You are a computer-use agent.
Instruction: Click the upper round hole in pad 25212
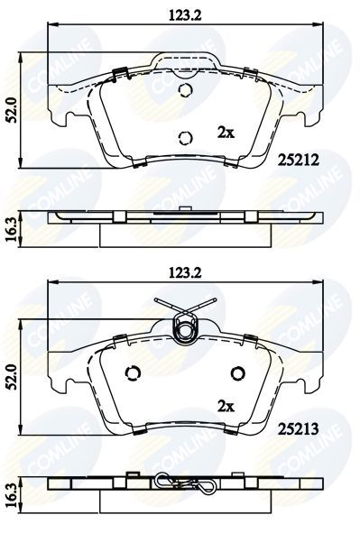[185, 91]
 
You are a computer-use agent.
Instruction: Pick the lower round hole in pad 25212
[185, 138]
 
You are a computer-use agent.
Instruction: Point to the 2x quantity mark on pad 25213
[226, 405]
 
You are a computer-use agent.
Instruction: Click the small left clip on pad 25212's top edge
[118, 72]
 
